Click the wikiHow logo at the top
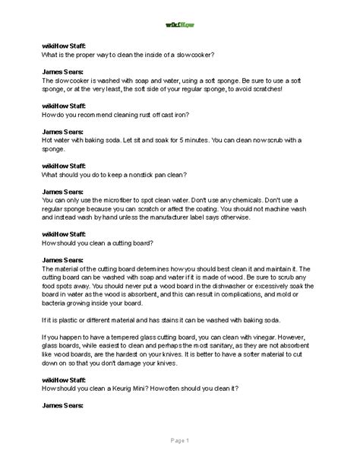click(180, 24)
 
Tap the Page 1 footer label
click(180, 441)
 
